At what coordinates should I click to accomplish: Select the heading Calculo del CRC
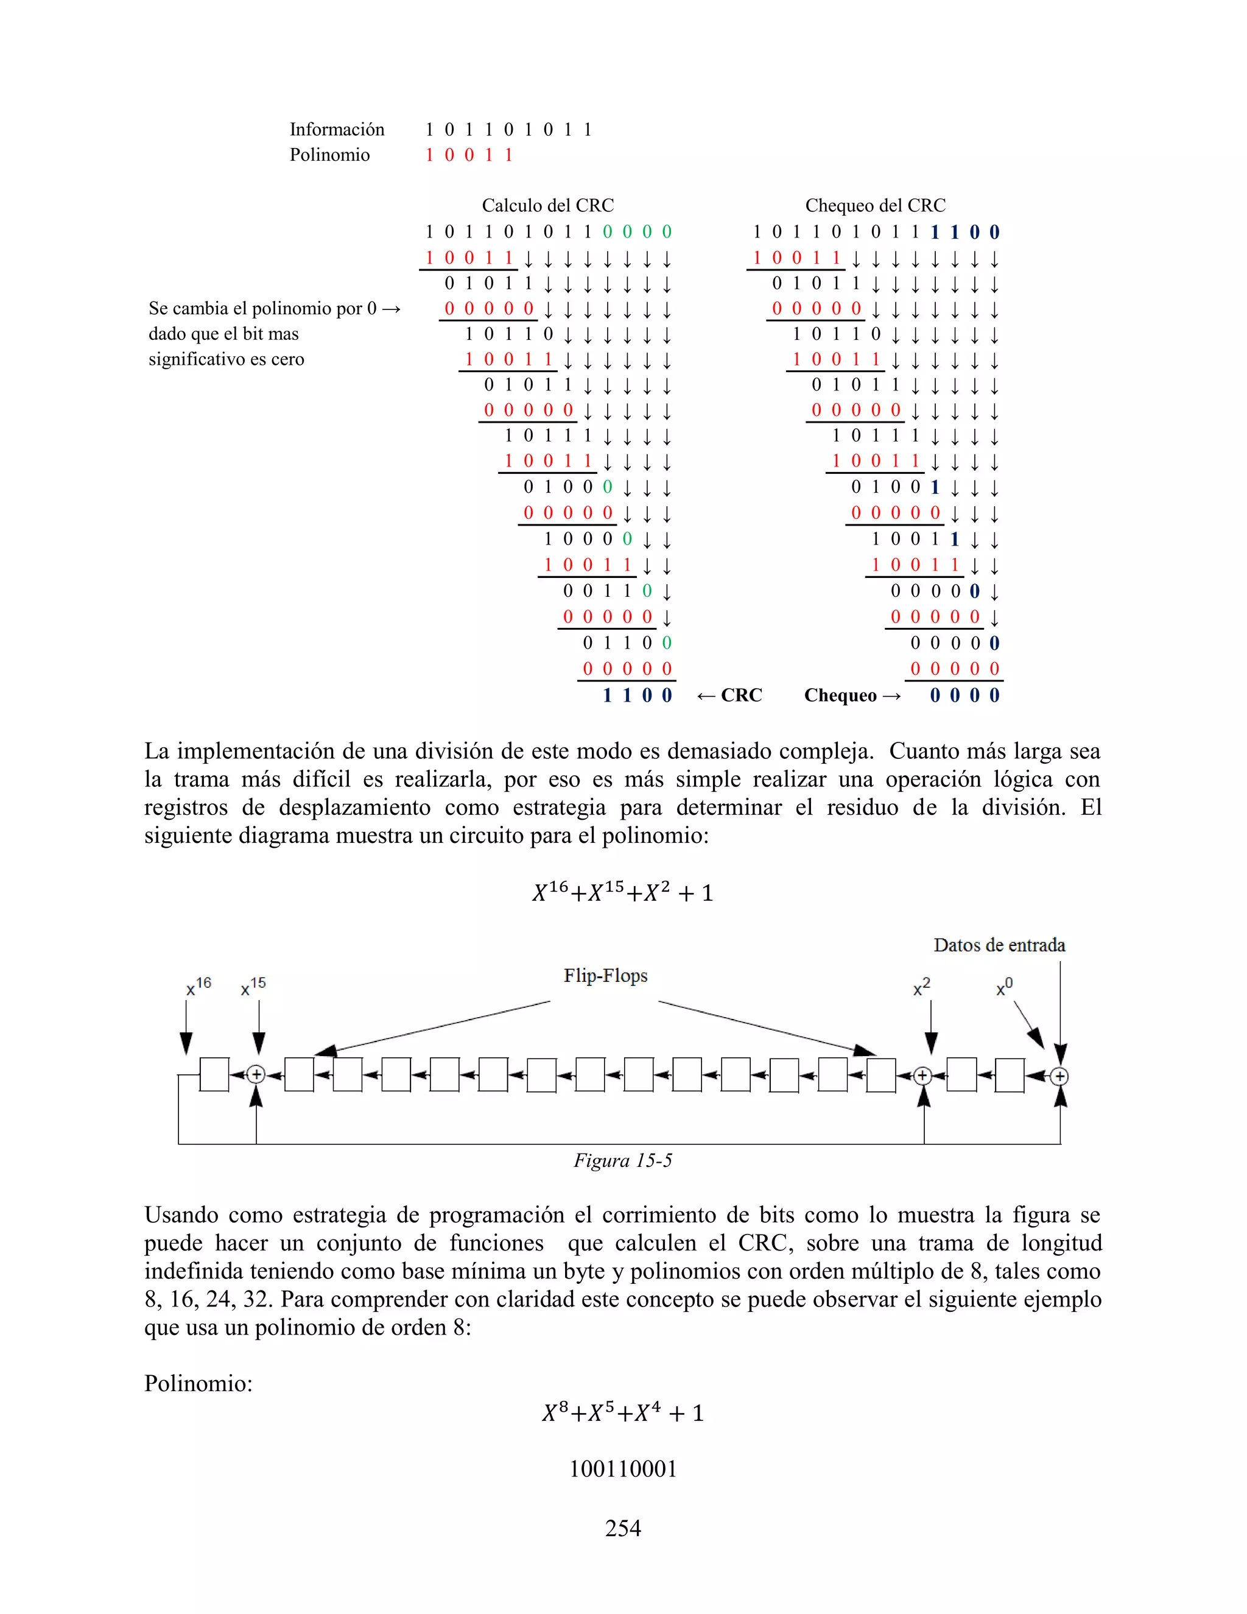pos(547,205)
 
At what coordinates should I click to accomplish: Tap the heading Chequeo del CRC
pos(875,205)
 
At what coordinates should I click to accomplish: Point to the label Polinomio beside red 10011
pos(329,155)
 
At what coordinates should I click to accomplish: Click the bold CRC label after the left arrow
pos(741,696)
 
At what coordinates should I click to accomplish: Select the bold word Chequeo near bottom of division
pos(840,696)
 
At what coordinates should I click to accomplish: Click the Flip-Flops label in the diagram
pos(605,976)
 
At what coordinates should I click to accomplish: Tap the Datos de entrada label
pos(999,945)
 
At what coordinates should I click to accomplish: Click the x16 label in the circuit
pos(198,986)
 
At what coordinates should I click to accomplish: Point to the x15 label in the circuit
pos(253,986)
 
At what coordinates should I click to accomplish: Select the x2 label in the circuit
pos(921,987)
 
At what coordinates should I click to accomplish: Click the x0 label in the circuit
pos(1004,987)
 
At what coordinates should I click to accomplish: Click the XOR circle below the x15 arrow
pos(256,1074)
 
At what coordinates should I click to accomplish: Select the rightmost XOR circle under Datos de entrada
pos(1059,1076)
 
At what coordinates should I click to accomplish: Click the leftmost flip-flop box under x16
pos(214,1074)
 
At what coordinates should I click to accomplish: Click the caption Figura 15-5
pos(623,1160)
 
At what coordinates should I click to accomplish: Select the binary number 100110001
pos(623,1468)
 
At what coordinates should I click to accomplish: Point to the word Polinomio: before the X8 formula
pos(198,1383)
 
